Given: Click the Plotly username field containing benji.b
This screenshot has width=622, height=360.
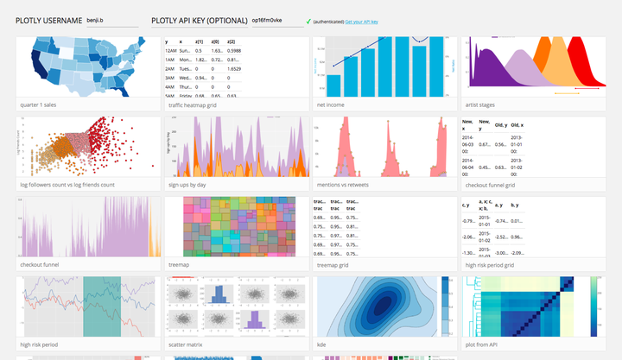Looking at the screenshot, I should coord(111,20).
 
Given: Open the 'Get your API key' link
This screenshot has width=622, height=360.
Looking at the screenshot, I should coord(361,21).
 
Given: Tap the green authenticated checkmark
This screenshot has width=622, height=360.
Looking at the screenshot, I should coord(308,21).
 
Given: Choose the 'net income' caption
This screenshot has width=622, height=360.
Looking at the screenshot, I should coord(333,104).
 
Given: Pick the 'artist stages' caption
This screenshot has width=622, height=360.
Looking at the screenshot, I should coord(485,104).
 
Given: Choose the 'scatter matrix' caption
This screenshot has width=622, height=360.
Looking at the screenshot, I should coord(190,345).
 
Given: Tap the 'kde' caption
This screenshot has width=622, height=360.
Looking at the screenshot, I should coord(322,345).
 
